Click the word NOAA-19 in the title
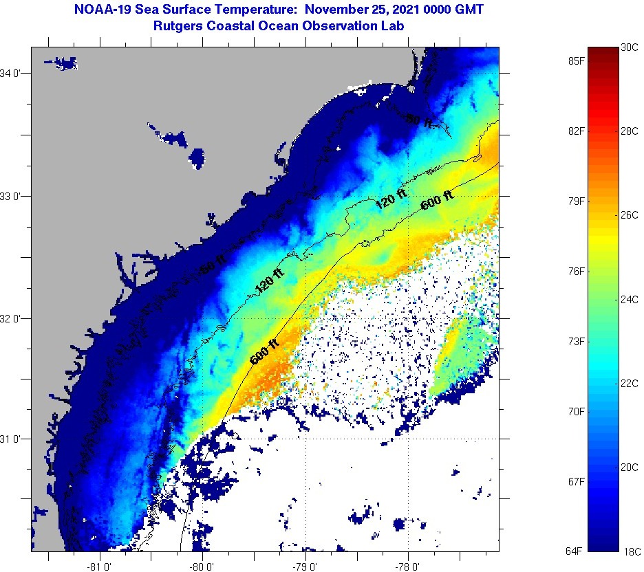coord(96,10)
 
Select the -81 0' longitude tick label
coord(100,566)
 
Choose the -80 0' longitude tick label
coord(204,566)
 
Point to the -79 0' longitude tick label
coord(305,566)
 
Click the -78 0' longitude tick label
coord(408,566)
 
